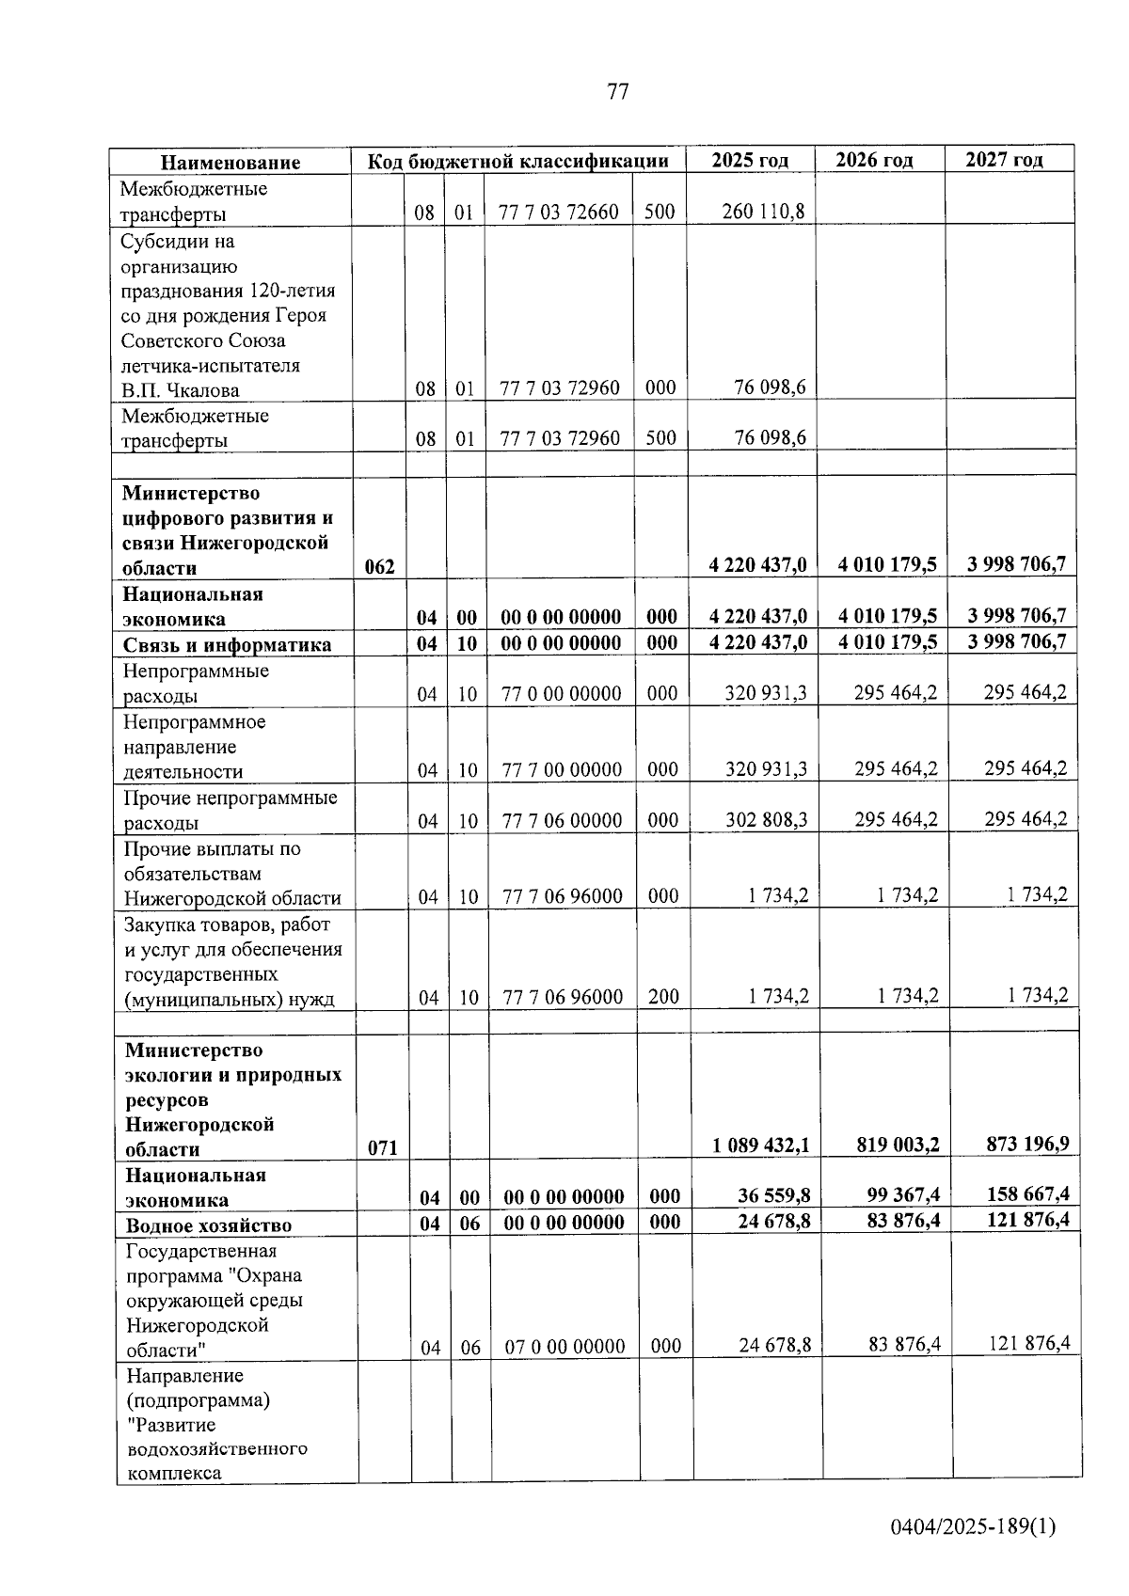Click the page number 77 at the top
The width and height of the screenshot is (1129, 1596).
pos(617,91)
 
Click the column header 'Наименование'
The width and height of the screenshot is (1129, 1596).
pos(230,162)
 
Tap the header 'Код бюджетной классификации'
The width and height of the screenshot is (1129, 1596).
pos(517,161)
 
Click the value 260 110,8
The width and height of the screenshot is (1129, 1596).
pos(763,212)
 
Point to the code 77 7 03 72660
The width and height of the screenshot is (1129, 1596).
pos(559,212)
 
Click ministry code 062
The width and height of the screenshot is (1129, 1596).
pos(379,566)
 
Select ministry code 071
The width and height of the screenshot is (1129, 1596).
pos(382,1147)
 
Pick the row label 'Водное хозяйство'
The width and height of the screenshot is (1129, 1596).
pos(209,1225)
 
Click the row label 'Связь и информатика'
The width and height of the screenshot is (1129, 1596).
pos(227,644)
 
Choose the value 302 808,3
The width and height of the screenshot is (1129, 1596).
pos(766,819)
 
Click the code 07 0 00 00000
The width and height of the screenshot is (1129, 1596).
pos(564,1347)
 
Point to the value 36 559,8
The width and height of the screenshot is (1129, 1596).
pos(774,1195)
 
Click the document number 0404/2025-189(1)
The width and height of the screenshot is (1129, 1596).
pos(974,1525)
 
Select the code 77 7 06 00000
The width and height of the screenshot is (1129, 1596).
pos(562,820)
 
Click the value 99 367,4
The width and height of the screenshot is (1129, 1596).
pos(901,1194)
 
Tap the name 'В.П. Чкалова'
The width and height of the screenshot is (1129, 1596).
pos(180,389)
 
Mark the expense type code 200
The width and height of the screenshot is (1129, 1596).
pos(663,996)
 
